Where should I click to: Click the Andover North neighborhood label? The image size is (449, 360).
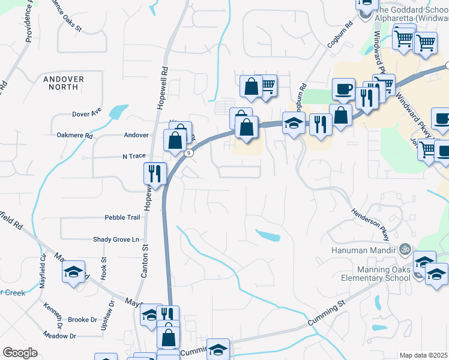[64, 83]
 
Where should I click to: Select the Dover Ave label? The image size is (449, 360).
[86, 113]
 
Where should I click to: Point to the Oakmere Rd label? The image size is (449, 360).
[74, 136]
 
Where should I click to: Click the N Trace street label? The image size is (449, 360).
[134, 156]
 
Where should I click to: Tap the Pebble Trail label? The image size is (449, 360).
[122, 217]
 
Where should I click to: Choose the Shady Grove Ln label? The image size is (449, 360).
[120, 239]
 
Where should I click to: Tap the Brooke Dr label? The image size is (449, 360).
[82, 320]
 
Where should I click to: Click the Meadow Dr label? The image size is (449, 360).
[59, 336]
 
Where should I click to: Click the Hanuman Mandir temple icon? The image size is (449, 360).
[405, 248]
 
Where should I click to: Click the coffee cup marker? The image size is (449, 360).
[343, 89]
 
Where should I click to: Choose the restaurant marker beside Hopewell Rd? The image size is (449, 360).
[155, 173]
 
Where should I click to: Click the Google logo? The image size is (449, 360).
[20, 353]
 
